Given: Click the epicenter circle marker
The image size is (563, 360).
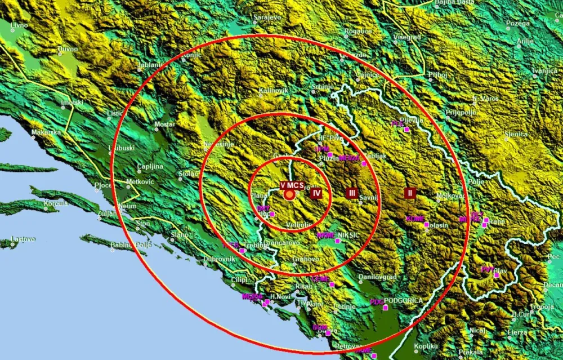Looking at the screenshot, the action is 289,195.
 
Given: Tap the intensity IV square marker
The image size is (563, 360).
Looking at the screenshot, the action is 317,193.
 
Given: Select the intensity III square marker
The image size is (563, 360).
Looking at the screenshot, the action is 352,193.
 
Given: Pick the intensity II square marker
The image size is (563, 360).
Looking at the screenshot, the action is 410,193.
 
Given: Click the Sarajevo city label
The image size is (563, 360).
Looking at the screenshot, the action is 267,18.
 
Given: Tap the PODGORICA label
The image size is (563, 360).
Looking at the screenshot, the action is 403,301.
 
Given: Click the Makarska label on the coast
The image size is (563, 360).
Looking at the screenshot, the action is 46,132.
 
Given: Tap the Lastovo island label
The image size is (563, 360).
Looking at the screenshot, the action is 23,239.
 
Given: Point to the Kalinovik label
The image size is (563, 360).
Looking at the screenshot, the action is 274,91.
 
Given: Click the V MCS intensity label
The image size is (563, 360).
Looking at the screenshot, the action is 292,185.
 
